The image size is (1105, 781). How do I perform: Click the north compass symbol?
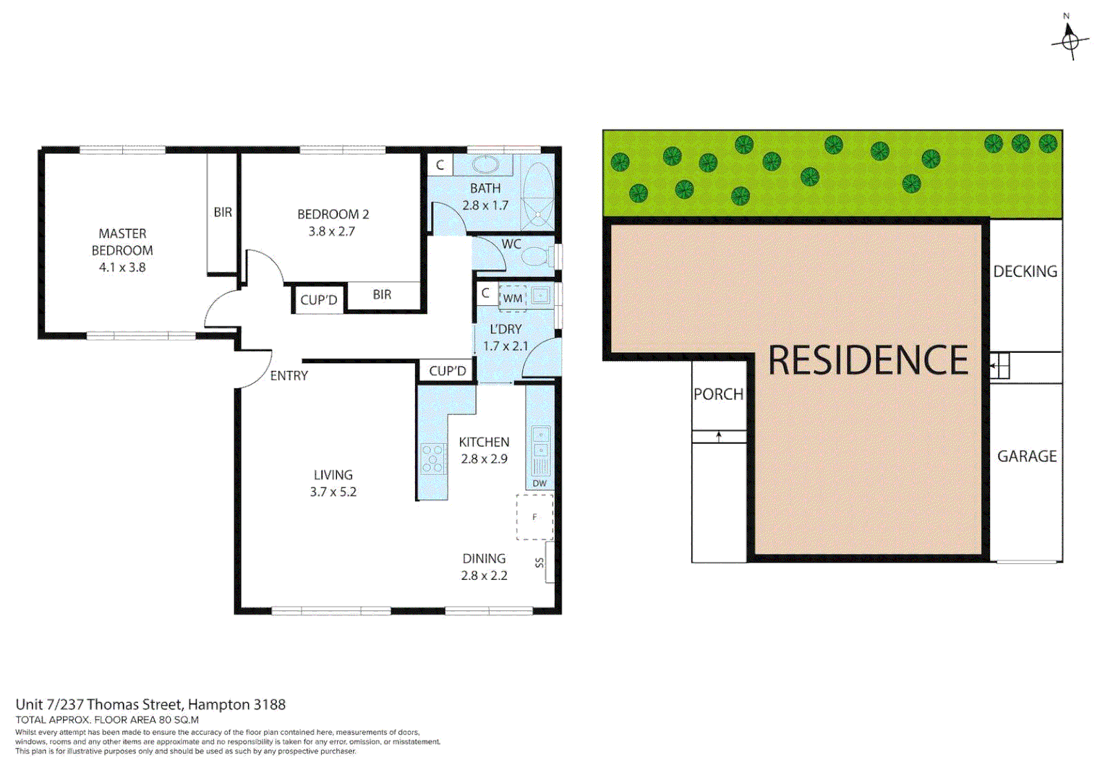[x=1070, y=39]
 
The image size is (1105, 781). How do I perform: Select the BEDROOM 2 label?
[x=333, y=215]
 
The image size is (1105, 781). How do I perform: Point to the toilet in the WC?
[x=536, y=257]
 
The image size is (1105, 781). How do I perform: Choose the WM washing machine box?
[x=512, y=298]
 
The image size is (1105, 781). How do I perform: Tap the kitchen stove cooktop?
[x=432, y=458]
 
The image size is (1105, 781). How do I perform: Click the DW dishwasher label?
[x=539, y=483]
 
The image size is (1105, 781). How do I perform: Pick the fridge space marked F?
[x=534, y=517]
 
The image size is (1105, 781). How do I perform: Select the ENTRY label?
[x=289, y=376]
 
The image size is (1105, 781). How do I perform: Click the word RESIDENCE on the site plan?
[x=868, y=360]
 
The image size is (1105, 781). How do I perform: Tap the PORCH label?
[x=718, y=395]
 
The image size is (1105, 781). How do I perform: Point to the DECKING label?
[x=1025, y=272]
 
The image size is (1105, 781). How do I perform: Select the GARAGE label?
[x=1027, y=456]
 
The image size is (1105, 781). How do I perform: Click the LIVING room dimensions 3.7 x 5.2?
[x=333, y=492]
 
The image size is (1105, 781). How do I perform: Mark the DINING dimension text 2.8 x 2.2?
[x=484, y=576]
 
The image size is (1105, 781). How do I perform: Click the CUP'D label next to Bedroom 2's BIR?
[x=319, y=300]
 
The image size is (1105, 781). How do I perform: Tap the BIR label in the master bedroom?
[x=223, y=213]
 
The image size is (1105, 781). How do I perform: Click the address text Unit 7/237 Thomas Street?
[x=99, y=704]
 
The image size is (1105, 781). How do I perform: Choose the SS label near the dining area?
[x=539, y=563]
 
